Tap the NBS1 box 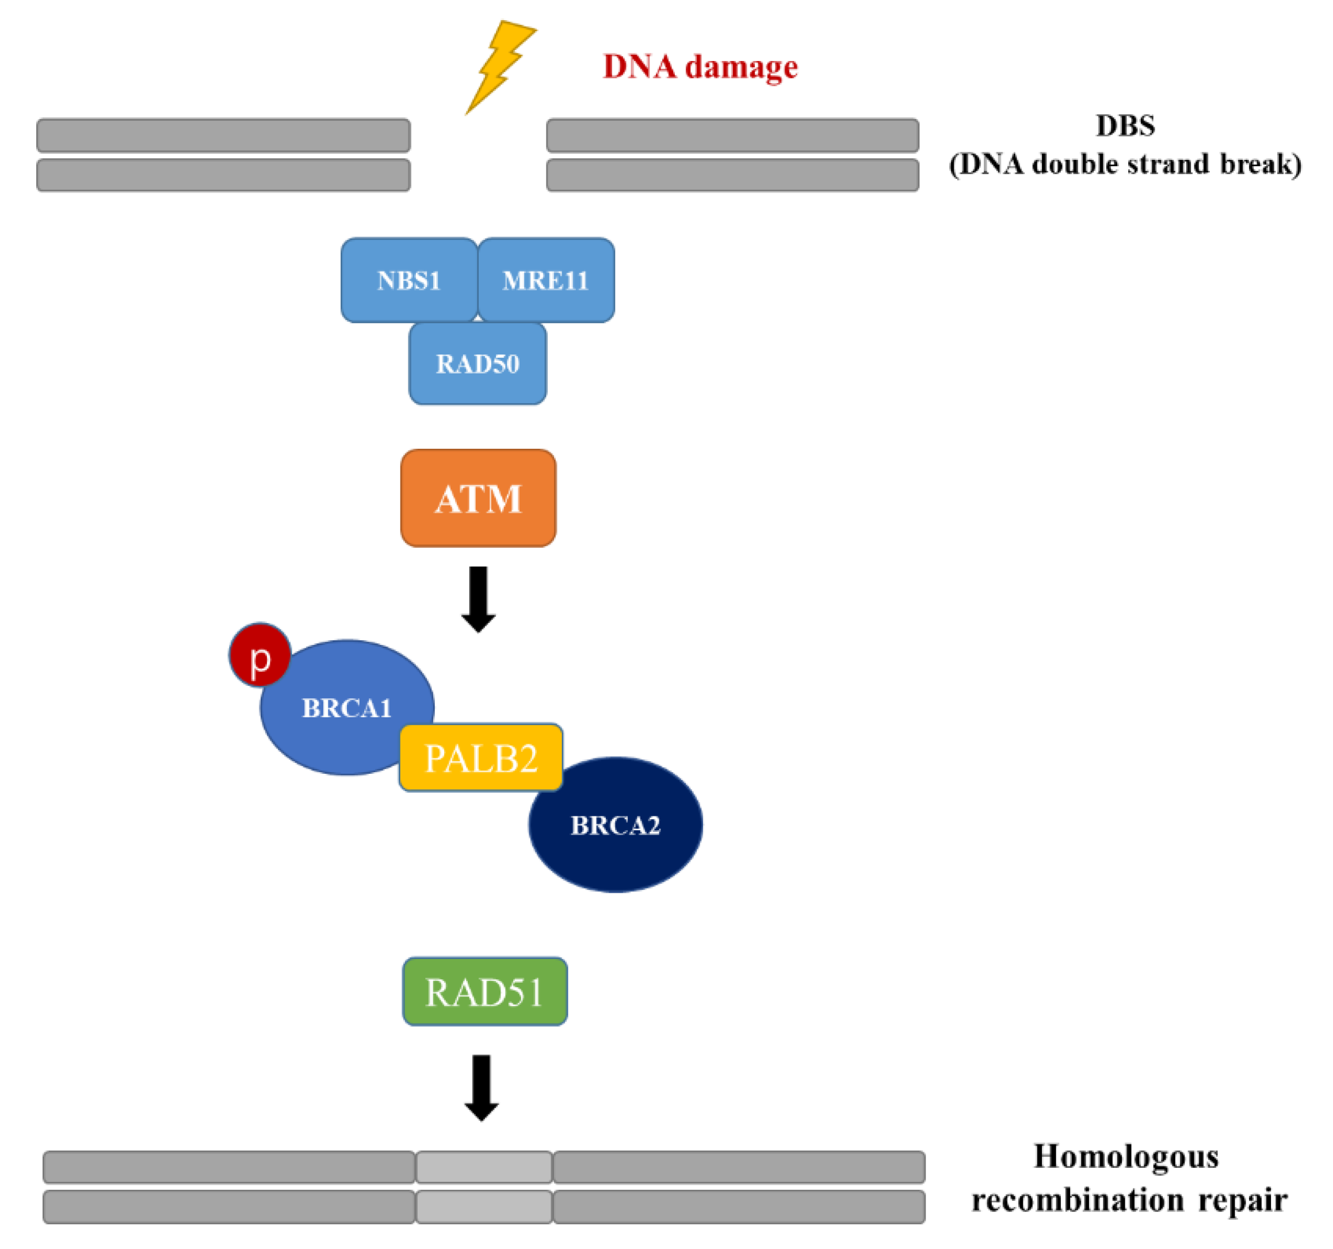pos(409,280)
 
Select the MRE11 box pos(546,280)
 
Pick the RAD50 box pos(478,364)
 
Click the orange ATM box pos(478,498)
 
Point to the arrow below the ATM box pos(478,599)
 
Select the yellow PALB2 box pos(481,758)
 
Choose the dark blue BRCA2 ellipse pos(616,824)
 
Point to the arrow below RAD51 pos(482,1087)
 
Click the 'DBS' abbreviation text pos(1125,126)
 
